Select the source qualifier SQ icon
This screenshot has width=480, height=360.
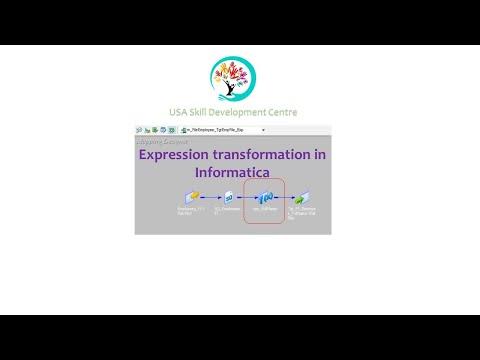click(230, 196)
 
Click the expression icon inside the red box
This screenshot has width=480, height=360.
click(266, 197)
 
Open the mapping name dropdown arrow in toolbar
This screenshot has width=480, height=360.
click(263, 130)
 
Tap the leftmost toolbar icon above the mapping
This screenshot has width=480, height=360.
click(139, 130)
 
